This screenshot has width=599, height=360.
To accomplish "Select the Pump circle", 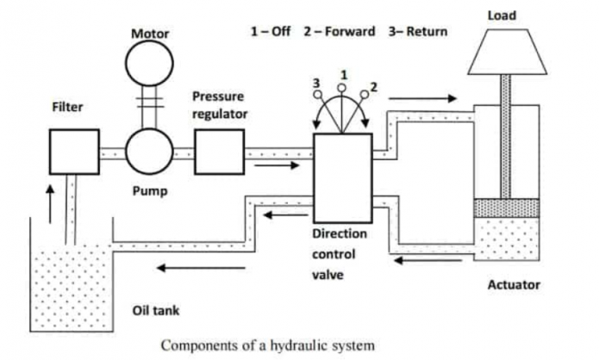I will tap(149, 152).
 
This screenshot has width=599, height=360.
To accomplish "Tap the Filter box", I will tap(73, 151).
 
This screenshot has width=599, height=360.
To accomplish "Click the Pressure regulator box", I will tap(221, 152).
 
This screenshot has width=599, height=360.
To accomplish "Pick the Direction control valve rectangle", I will tap(342, 177).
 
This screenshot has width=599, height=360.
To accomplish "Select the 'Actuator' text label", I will tap(514, 284).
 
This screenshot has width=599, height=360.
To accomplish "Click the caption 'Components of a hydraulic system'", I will tap(268, 345).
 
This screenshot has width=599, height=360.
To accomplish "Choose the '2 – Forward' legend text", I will tap(340, 31).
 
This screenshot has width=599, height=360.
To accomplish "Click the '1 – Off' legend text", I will tap(270, 31).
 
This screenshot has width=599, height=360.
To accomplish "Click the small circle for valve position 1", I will tap(342, 88).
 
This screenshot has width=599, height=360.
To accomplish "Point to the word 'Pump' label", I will tap(149, 189).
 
